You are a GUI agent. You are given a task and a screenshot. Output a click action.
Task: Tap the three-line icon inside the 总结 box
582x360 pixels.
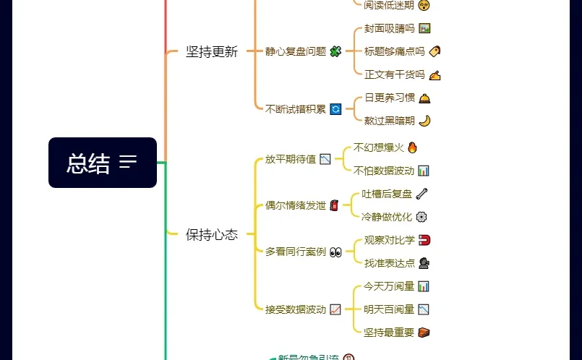128,162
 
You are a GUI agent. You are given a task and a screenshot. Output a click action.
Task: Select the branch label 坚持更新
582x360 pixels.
211,52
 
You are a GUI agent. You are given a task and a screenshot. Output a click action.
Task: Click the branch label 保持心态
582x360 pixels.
211,234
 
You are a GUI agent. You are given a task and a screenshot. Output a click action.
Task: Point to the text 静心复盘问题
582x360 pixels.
296,51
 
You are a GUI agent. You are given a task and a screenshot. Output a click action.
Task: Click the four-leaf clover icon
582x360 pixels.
335,51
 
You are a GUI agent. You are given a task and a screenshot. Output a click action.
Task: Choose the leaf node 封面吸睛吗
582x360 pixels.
389,29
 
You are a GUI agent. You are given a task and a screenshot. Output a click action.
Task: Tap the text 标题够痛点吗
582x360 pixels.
394,51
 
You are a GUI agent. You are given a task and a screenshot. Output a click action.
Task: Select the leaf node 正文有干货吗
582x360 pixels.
394,74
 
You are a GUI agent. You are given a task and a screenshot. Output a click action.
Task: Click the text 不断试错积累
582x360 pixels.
296,109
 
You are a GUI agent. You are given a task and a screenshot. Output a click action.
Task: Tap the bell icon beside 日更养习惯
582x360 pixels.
424,98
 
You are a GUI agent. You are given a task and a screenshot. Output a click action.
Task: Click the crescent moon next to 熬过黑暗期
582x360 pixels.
424,121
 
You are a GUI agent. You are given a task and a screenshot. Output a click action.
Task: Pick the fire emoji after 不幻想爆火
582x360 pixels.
412,147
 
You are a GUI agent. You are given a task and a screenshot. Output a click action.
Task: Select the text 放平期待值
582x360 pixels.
291,159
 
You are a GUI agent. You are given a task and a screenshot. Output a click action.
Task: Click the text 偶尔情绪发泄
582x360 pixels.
296,205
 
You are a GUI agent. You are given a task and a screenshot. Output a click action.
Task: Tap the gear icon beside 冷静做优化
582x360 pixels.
421,216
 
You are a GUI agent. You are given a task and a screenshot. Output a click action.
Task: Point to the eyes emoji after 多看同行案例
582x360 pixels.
335,252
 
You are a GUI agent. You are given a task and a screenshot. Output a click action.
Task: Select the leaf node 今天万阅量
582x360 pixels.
389,286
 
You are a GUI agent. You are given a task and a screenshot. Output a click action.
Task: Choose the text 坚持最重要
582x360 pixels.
389,333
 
